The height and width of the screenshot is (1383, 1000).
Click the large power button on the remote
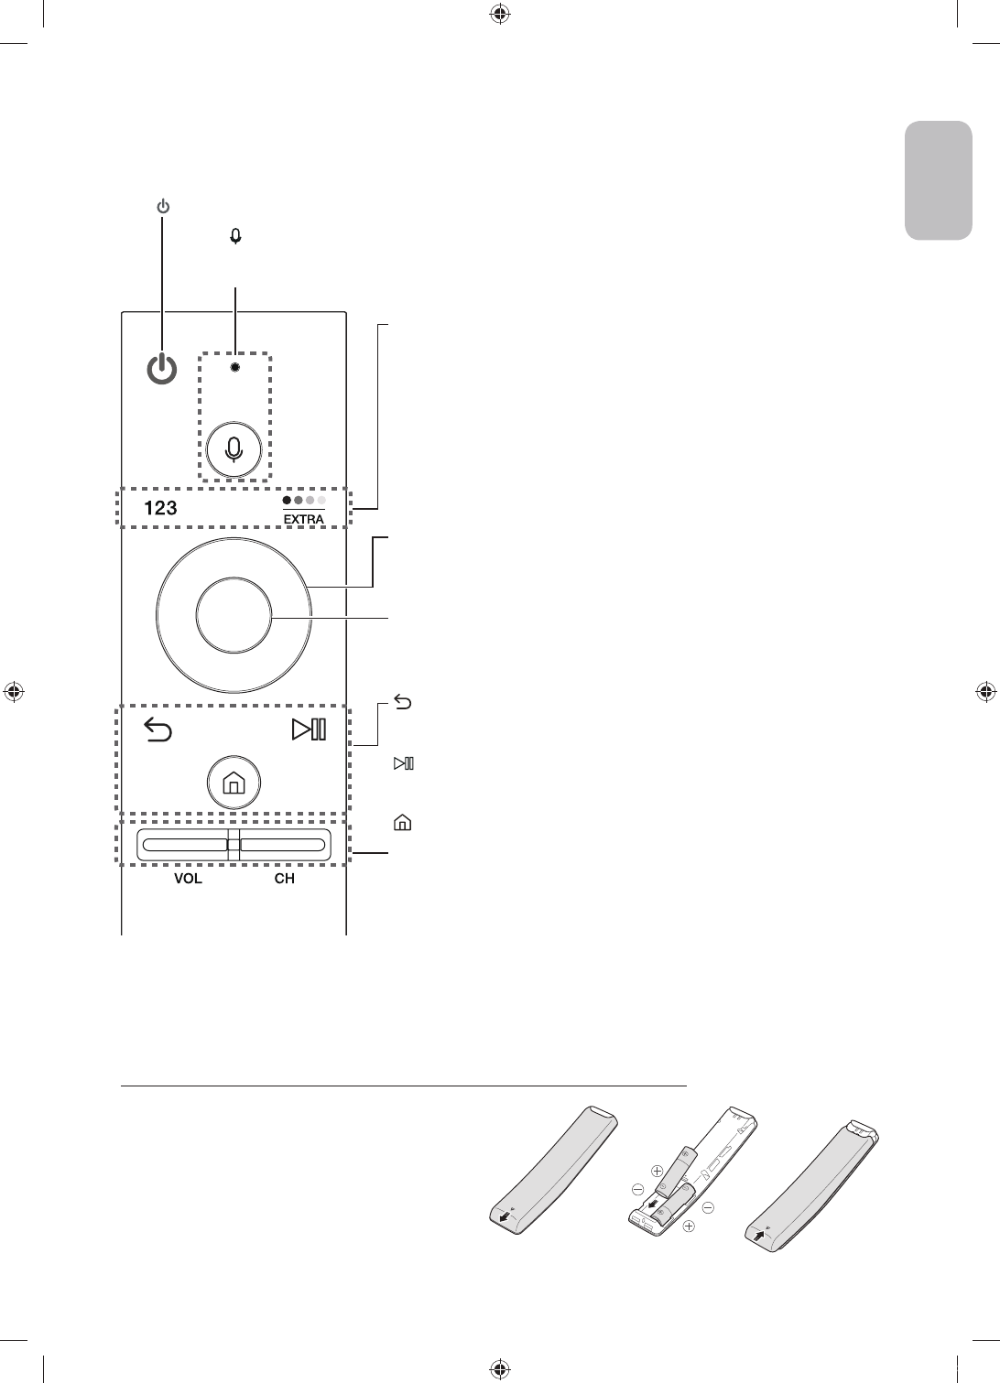(x=161, y=368)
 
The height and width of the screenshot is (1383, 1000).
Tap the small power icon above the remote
(x=162, y=207)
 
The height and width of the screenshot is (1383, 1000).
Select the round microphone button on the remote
(x=235, y=448)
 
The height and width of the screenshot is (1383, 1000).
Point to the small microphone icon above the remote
(x=235, y=236)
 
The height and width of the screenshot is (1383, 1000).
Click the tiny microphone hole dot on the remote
(x=235, y=367)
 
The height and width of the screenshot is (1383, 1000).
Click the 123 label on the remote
(x=160, y=508)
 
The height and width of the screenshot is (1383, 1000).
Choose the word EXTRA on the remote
(x=304, y=518)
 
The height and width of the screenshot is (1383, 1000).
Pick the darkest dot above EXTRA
(x=287, y=502)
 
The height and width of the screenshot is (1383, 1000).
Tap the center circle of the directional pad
(x=234, y=615)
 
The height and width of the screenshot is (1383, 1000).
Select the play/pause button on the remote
(x=309, y=729)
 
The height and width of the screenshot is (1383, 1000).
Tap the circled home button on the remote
(x=234, y=783)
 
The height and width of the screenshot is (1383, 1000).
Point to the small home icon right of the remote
(x=401, y=823)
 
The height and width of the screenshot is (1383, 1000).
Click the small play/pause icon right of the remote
(x=403, y=762)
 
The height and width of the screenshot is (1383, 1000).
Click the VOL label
(x=189, y=879)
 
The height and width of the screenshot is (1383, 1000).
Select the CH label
(x=285, y=879)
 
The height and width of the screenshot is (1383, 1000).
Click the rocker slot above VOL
(x=184, y=844)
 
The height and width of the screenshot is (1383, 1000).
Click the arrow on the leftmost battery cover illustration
(x=501, y=1218)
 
